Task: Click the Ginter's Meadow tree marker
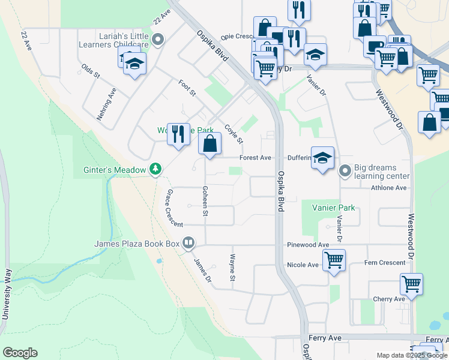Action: (x=156, y=170)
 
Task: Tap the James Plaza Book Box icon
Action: (x=188, y=243)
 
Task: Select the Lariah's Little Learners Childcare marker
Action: (x=158, y=40)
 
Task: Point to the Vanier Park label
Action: (x=333, y=208)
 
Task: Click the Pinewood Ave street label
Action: (x=308, y=245)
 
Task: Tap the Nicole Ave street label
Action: (x=303, y=265)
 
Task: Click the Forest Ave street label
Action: (x=256, y=158)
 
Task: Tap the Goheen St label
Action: (x=205, y=200)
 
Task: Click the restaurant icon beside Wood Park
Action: (x=178, y=133)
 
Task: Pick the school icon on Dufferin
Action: (x=322, y=158)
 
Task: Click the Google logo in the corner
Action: (x=20, y=353)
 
